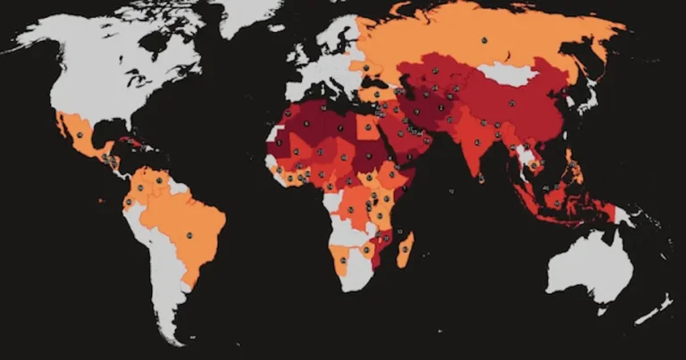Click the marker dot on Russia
tap(483, 40)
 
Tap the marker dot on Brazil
tap(189, 236)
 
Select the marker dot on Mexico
tap(79, 135)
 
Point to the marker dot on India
tap(476, 142)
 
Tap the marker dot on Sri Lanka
tap(482, 177)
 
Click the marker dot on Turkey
tap(375, 94)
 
